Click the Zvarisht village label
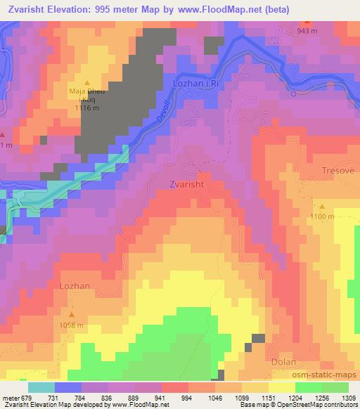[187, 184]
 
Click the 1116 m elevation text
[86, 109]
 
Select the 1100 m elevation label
[323, 216]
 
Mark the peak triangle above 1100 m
[323, 207]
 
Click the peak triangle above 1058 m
[71, 315]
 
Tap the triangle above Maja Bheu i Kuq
[87, 82]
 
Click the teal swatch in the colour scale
[41, 388]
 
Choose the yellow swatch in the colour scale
[281, 388]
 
